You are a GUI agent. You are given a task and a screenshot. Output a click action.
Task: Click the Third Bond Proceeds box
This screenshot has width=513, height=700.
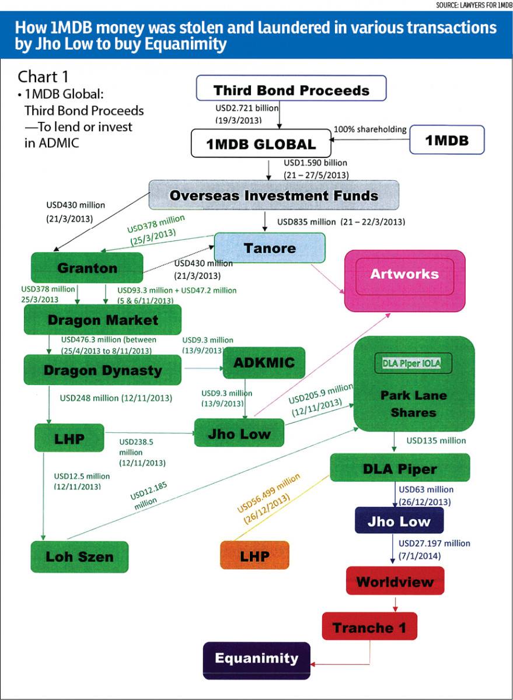291,88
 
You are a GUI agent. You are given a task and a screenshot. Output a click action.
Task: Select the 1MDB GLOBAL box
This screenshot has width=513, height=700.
261,143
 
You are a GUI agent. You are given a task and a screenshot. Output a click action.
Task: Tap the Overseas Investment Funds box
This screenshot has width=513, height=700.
274,195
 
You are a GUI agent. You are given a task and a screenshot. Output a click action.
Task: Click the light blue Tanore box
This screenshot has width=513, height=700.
270,247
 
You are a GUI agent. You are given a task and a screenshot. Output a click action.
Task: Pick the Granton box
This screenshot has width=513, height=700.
87,268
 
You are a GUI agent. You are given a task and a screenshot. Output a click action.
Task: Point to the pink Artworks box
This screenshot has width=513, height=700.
405,281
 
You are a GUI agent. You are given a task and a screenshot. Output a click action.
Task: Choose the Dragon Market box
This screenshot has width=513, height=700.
103,320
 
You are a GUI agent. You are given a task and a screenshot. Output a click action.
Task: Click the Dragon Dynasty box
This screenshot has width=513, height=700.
103,370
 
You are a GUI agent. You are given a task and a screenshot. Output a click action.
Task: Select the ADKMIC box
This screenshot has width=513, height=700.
264,362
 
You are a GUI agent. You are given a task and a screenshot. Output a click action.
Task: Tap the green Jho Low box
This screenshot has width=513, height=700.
239,433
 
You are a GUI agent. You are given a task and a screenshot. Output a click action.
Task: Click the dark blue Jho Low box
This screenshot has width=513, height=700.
399,520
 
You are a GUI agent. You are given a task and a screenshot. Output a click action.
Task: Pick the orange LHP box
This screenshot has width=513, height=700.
254,555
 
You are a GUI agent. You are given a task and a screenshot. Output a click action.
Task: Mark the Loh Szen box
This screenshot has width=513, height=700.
79,557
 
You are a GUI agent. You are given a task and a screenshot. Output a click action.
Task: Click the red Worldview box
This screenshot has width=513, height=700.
395,580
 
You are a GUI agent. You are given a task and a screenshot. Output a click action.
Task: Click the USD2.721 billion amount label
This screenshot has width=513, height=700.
247,108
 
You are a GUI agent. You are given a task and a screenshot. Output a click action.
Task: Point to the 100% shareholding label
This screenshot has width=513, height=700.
370,129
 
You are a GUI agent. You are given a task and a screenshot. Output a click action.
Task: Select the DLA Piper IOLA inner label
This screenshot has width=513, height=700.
411,363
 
